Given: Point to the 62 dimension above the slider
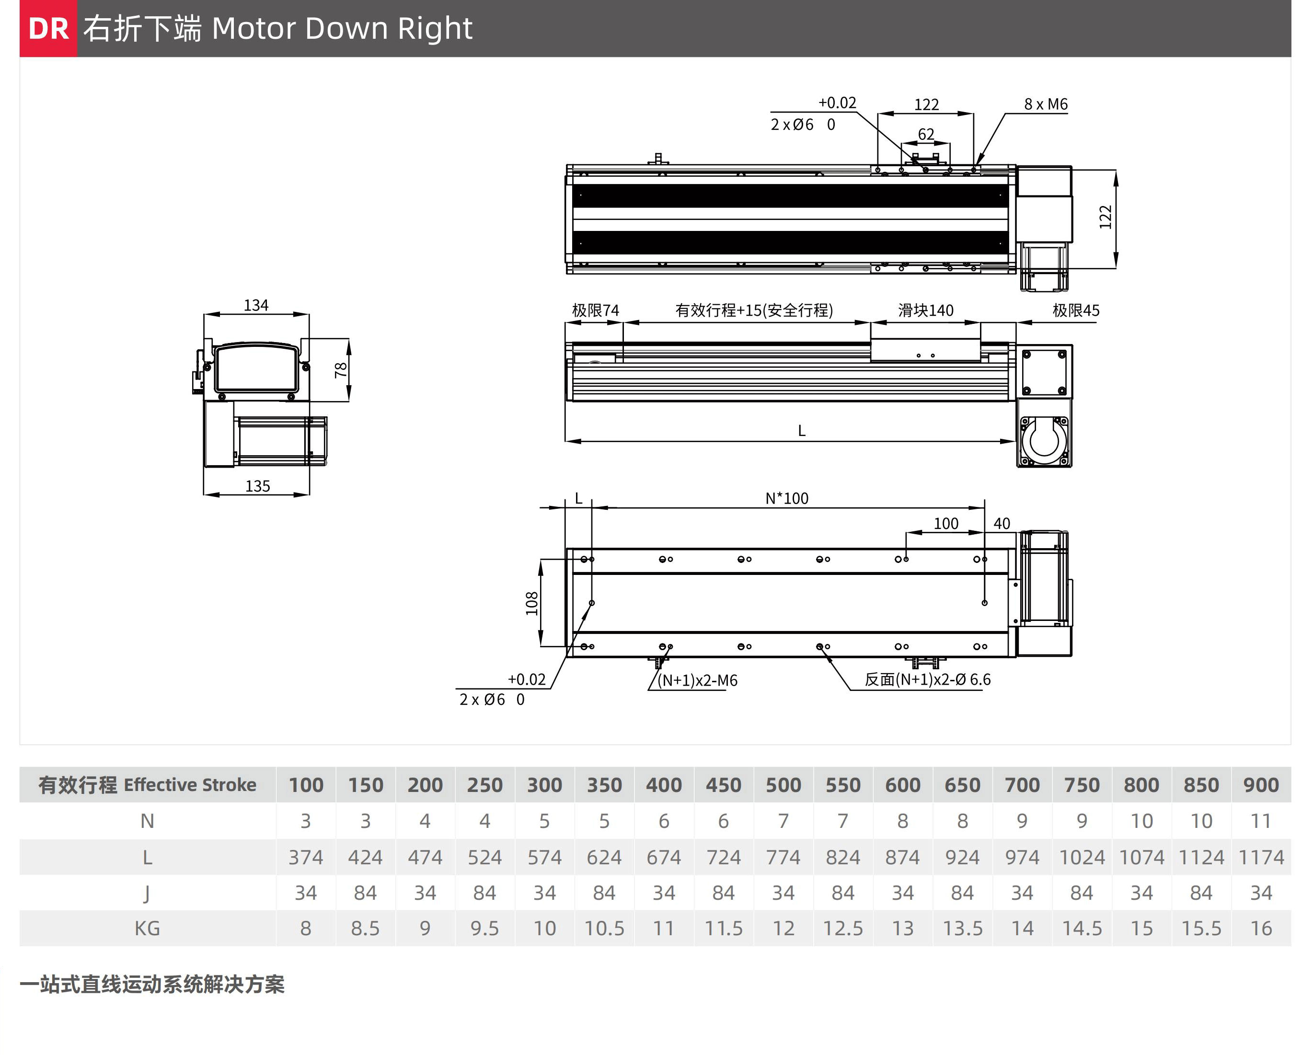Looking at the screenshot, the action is [x=926, y=134].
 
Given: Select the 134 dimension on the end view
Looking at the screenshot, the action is [x=256, y=305].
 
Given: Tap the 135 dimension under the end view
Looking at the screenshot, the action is [x=258, y=486].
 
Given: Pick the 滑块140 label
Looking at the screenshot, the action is [x=926, y=310].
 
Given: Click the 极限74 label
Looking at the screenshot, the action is [x=595, y=310].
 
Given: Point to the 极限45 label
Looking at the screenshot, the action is [x=1076, y=310].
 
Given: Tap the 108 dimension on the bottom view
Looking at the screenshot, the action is [x=531, y=603].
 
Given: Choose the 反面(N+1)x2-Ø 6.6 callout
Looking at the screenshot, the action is [x=928, y=679].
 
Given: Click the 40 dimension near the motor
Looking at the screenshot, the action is [x=1002, y=524].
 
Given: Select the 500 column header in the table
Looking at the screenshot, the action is [x=783, y=785].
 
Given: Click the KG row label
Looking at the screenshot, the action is [x=148, y=929].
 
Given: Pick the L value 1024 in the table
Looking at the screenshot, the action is [x=1082, y=857].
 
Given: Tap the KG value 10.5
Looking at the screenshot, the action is [x=604, y=929].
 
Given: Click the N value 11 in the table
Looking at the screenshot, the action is [x=1261, y=821].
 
